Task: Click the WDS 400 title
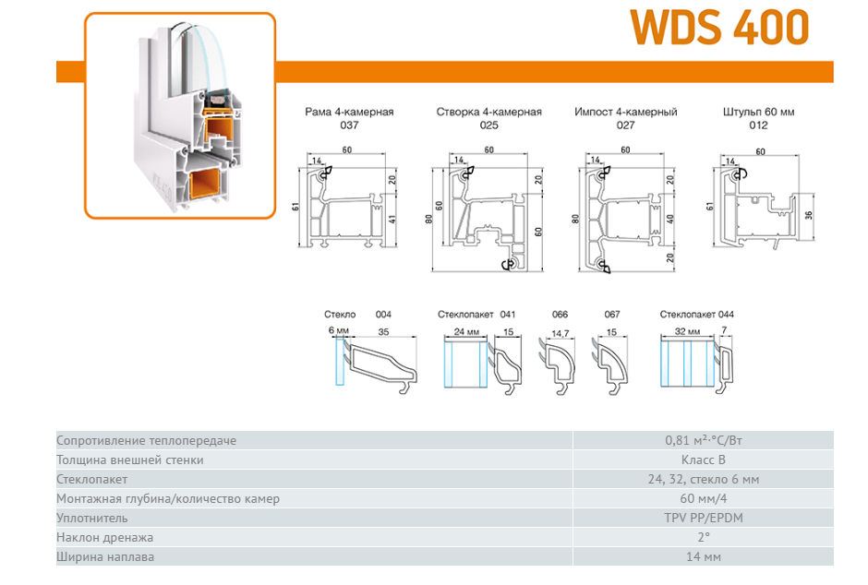click(719, 27)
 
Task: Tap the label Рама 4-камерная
click(349, 112)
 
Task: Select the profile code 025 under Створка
click(488, 125)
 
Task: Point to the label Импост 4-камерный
click(625, 112)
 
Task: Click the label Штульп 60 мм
click(758, 112)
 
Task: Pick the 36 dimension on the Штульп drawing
click(808, 215)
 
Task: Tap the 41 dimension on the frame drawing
click(392, 219)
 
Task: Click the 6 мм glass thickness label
click(339, 330)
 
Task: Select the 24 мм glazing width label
click(466, 332)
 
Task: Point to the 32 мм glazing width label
click(688, 332)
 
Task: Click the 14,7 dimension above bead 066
click(561, 333)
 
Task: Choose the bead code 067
click(612, 315)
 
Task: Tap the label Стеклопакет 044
click(696, 315)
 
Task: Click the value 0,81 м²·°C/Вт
click(703, 441)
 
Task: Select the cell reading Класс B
click(703, 460)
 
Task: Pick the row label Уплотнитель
click(92, 518)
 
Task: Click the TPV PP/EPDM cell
click(703, 518)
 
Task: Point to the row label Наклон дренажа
click(104, 537)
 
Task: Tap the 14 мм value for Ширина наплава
click(703, 556)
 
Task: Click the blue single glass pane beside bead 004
click(340, 362)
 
